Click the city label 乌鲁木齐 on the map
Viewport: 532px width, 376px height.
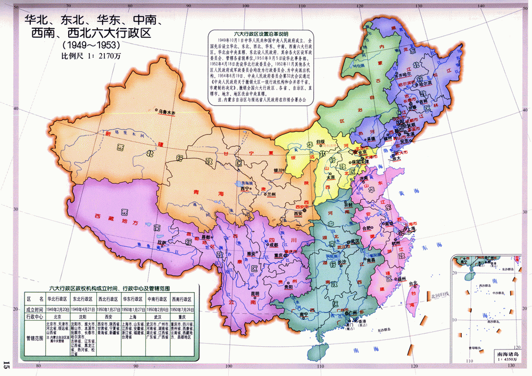(164, 113)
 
